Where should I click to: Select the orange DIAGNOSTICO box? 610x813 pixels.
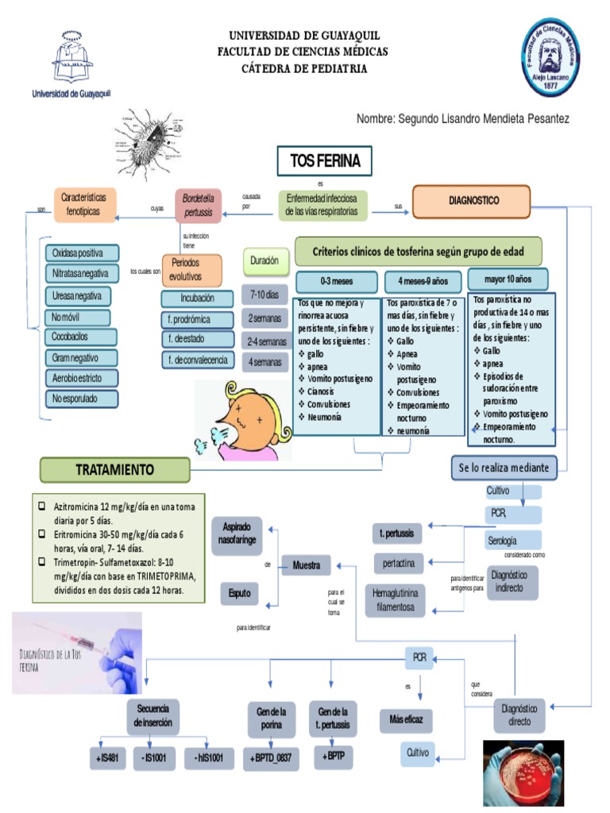point(471,201)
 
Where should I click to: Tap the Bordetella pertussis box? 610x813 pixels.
point(199,206)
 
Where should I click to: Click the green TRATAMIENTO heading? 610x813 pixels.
point(115,469)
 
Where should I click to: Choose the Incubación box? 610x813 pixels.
point(198,299)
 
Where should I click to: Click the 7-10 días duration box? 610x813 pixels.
point(264,295)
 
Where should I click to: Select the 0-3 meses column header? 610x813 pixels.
point(337,281)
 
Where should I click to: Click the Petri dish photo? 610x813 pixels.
point(523,773)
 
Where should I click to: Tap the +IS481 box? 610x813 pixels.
point(107,759)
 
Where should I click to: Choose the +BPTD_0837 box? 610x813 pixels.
point(271,759)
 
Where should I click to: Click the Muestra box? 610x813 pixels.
point(307,566)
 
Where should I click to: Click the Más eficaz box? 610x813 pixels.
point(406,720)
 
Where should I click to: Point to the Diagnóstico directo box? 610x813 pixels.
point(521,715)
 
